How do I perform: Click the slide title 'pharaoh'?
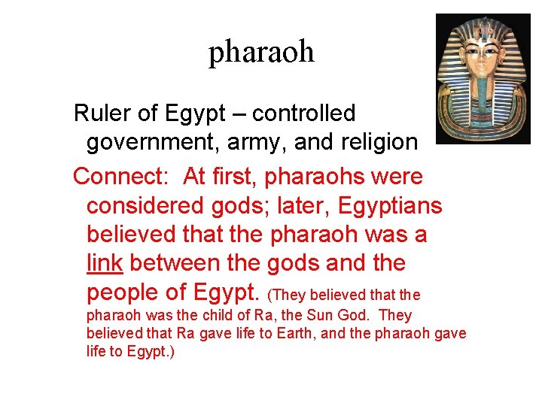[x=261, y=52]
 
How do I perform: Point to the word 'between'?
[x=184, y=263]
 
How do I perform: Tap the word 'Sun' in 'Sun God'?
[x=335, y=316]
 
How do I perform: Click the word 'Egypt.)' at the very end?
[x=151, y=351]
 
